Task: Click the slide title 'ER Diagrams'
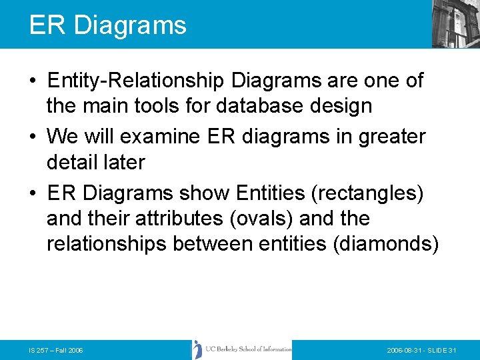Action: coord(107,25)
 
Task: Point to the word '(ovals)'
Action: coord(247,218)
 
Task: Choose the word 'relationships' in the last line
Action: coord(107,243)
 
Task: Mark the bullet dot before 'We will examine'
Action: coord(33,137)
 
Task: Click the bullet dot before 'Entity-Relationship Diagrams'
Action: coord(33,81)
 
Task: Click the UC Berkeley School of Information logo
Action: coord(242,349)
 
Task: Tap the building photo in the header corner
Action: coord(455,24)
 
